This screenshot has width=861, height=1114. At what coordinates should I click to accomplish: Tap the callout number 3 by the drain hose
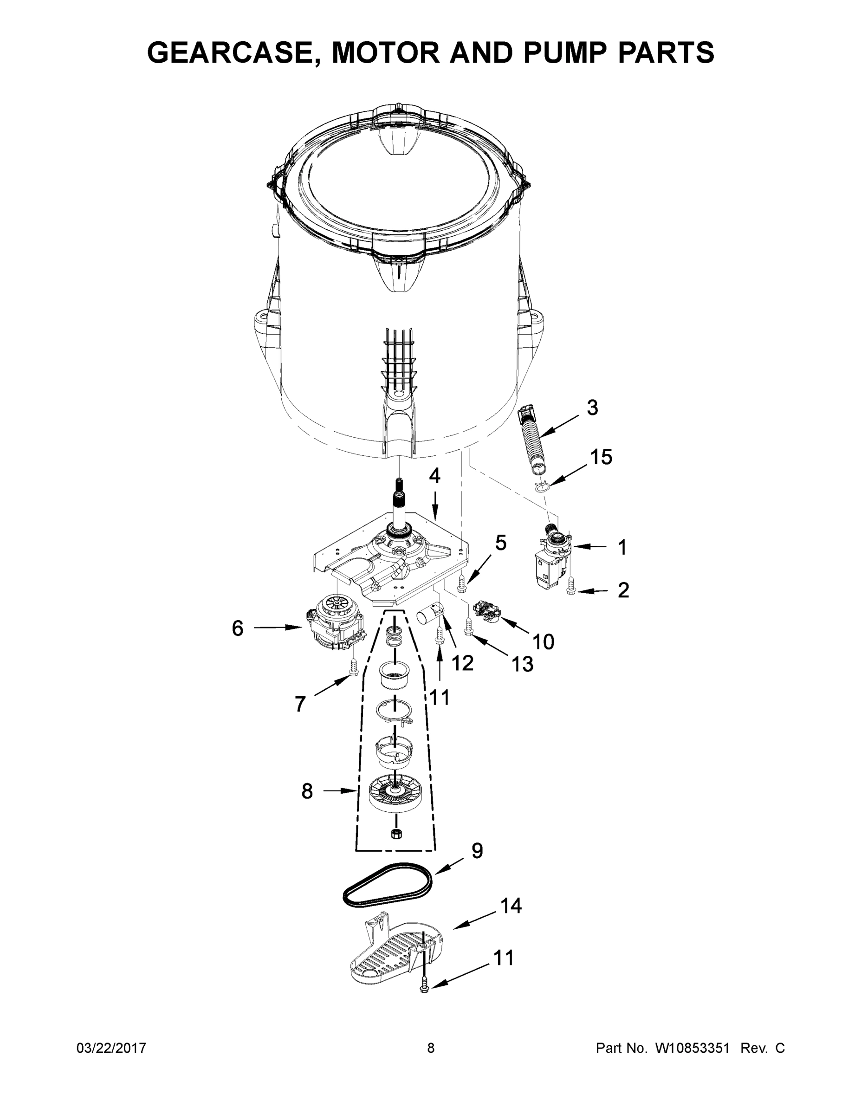pos(592,408)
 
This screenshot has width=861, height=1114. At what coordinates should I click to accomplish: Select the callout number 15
pos(601,457)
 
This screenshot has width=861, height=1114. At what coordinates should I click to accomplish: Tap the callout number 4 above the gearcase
pos(434,476)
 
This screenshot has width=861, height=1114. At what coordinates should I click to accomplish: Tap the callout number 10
pos(543,641)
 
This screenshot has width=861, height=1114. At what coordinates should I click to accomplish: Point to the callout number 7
pos(300,704)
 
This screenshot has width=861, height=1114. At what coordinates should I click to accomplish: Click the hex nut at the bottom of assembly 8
pos(396,834)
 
